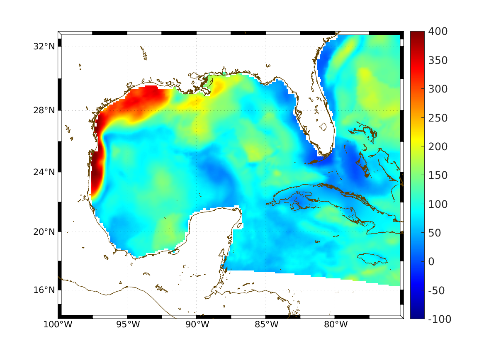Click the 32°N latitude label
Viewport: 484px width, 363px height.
[44, 46]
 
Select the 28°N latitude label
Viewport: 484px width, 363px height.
[44, 111]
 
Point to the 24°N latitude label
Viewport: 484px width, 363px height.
[44, 172]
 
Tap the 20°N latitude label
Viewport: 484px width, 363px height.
[44, 232]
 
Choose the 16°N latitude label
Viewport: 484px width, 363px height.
[44, 290]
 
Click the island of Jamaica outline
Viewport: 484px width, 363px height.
[372, 258]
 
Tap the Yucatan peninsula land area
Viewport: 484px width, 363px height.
[216, 232]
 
